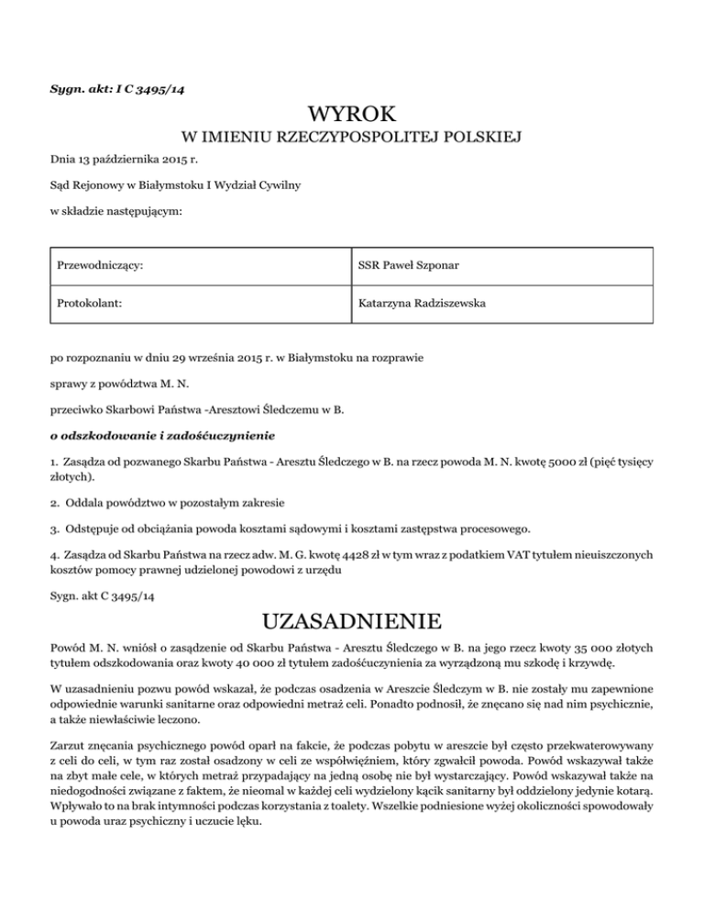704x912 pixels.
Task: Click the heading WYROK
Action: tap(352, 116)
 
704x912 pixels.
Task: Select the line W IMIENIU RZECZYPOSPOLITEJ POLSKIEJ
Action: tap(352, 140)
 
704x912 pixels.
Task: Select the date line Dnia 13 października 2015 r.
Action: tap(126, 163)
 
